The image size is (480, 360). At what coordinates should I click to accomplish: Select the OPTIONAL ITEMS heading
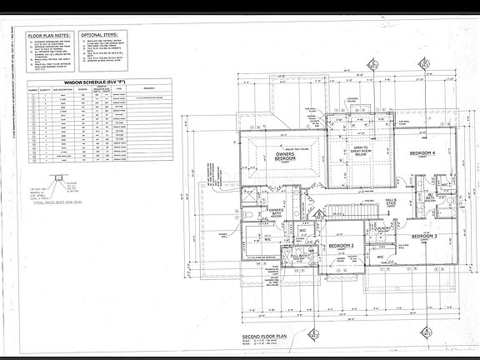pyautogui.click(x=126, y=36)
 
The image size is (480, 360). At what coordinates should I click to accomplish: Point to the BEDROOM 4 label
pyautogui.click(x=424, y=155)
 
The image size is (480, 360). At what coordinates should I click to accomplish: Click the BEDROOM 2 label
pyautogui.click(x=342, y=246)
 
